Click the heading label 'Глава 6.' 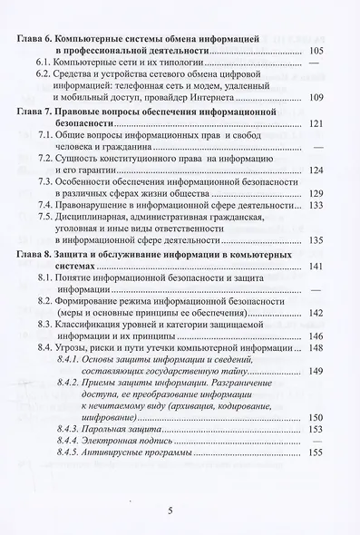(x=34, y=39)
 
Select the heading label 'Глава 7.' (x=34, y=109)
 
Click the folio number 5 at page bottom (x=170, y=510)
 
